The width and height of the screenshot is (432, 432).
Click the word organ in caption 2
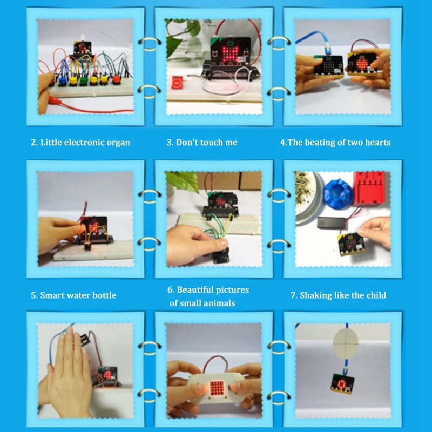(118, 143)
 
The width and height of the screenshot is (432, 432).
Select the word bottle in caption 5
(103, 295)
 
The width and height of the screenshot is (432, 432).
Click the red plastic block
(369, 188)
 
